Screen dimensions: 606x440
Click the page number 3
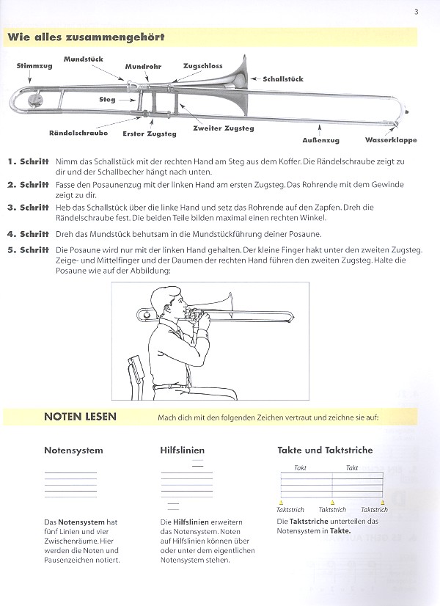pos(416,11)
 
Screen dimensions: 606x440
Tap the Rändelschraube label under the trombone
pos(78,133)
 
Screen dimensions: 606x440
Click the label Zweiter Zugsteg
pos(224,128)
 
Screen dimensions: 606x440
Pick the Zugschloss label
pos(203,66)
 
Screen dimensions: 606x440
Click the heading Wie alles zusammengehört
pos(86,37)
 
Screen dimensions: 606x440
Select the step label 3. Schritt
pos(28,208)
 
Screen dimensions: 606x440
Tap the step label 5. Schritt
pos(28,251)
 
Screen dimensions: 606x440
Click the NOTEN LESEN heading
pos(80,417)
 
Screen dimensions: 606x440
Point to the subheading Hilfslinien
pos(182,450)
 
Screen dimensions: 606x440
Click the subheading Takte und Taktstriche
pos(325,450)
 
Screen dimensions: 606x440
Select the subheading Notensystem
pos(73,450)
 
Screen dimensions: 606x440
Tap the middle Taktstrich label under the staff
pos(333,509)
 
